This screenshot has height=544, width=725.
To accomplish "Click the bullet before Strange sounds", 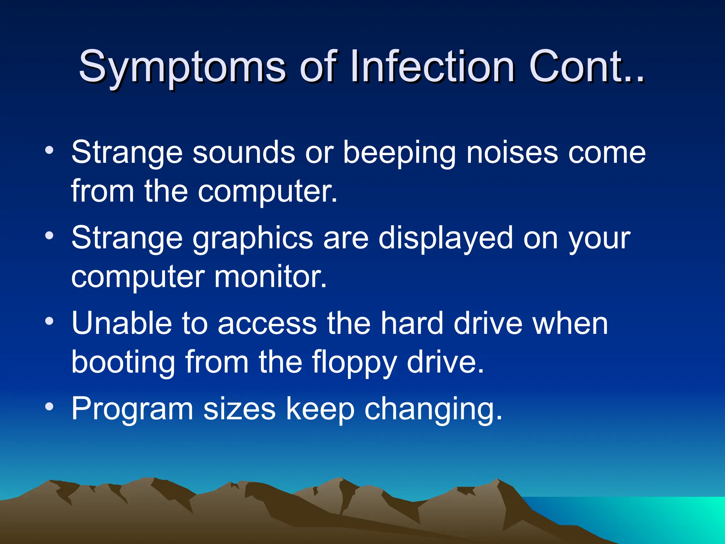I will (x=50, y=151).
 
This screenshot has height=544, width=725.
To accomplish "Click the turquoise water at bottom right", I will (x=655, y=517).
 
